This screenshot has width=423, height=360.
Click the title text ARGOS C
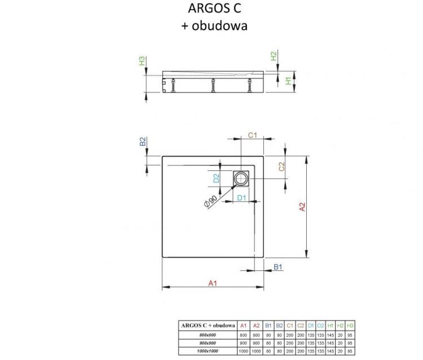(x=212, y=9)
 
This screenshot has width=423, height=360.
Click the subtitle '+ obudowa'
(x=212, y=25)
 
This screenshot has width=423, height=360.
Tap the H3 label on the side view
(x=142, y=60)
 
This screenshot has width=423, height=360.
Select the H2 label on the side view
(x=274, y=57)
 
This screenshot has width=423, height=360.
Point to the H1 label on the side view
(x=288, y=81)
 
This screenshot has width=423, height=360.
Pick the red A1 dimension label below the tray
(x=213, y=283)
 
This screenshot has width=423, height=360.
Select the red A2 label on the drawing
(x=302, y=207)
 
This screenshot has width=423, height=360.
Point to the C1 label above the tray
(x=253, y=135)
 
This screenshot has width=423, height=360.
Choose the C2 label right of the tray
(x=281, y=166)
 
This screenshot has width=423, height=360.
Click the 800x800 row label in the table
(x=208, y=335)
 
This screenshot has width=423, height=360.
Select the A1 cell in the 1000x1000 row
(x=243, y=351)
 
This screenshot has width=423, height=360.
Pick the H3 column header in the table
(x=350, y=326)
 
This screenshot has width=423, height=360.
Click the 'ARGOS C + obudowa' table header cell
(x=208, y=326)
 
